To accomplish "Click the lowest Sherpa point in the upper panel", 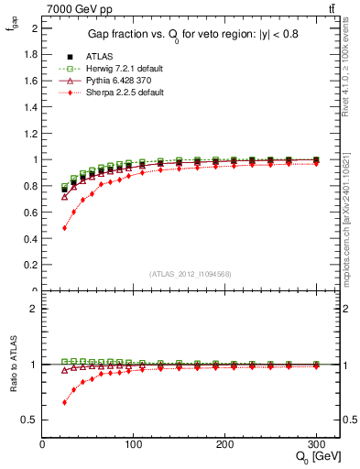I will coord(64,227).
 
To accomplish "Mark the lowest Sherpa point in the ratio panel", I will coord(64,402).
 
